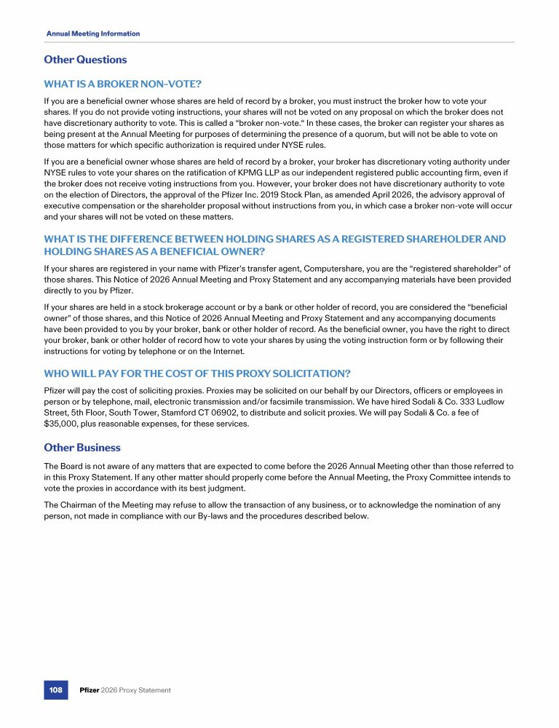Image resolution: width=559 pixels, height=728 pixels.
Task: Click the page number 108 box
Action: (55, 689)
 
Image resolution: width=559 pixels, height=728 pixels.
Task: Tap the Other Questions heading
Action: (85, 60)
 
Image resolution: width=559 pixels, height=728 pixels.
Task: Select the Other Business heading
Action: (82, 447)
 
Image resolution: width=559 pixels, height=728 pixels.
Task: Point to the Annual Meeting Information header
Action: (93, 33)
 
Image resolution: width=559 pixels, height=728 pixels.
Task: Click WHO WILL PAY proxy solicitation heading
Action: (197, 373)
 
